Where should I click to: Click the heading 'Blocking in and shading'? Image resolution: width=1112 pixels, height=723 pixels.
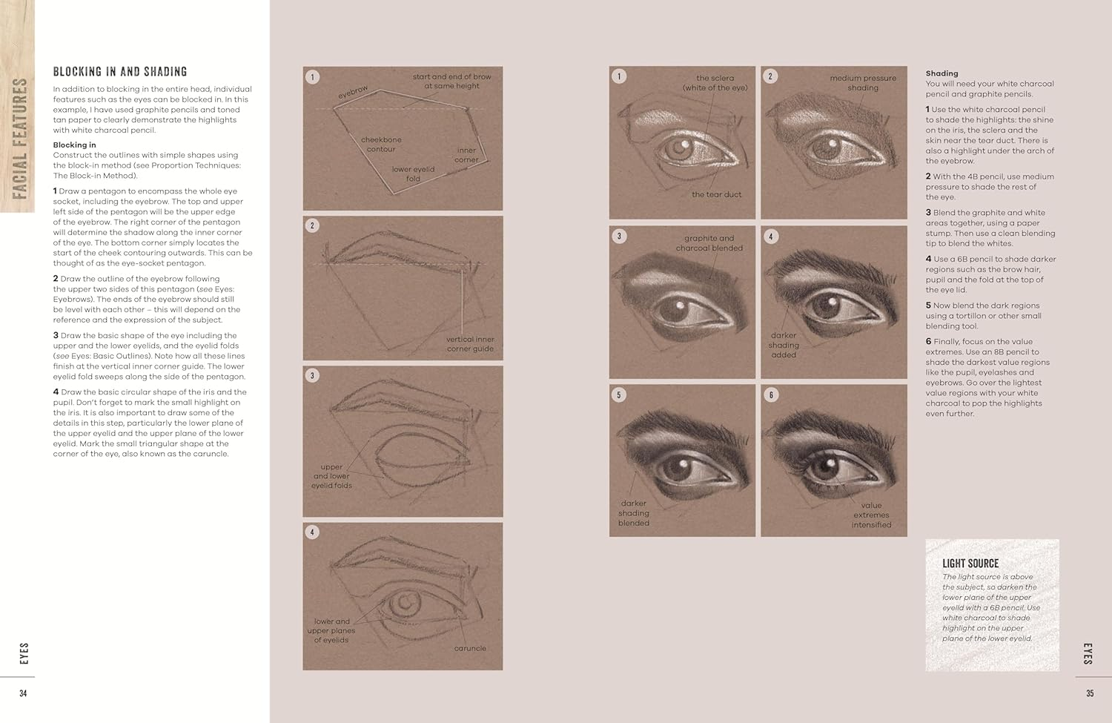[119, 72]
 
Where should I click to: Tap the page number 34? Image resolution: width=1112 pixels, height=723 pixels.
[23, 693]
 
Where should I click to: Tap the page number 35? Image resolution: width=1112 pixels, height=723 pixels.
[1089, 693]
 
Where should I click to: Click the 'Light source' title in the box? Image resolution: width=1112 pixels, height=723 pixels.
[970, 564]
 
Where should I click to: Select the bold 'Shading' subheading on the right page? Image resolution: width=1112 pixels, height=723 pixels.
[941, 73]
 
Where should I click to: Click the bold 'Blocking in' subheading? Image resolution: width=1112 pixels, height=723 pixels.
[74, 145]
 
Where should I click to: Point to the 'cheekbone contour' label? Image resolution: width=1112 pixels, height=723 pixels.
[381, 145]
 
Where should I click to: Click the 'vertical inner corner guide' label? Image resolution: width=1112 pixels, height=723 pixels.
[470, 344]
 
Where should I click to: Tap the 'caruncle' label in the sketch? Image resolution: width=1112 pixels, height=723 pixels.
[470, 648]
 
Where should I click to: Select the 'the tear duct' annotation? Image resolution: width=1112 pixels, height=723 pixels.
[716, 194]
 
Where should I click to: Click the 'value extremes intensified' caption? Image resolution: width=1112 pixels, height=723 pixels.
[871, 515]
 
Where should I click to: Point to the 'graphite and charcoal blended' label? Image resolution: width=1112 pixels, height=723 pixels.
[709, 243]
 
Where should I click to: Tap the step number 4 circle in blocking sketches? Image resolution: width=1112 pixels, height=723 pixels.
[312, 532]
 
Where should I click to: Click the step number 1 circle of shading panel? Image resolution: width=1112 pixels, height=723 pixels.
[619, 76]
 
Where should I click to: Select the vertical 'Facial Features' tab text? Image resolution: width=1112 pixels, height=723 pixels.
[20, 139]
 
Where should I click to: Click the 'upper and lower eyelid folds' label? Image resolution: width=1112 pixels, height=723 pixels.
[331, 476]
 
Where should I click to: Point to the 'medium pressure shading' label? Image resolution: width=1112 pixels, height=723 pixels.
[862, 83]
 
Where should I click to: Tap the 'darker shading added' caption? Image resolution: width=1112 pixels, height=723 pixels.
[784, 345]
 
